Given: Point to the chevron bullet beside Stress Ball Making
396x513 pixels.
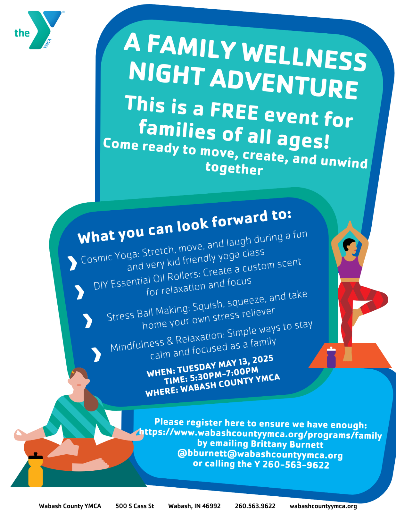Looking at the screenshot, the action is click(x=88, y=321).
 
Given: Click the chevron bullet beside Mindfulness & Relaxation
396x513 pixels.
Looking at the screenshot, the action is click(x=96, y=354).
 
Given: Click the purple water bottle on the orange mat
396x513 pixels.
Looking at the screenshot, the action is click(x=331, y=357).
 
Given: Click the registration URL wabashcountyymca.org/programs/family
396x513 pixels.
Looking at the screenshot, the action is click(x=260, y=434).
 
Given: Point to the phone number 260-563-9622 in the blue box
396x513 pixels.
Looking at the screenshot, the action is click(x=296, y=465).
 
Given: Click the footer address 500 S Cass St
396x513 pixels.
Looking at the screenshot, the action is click(x=135, y=506).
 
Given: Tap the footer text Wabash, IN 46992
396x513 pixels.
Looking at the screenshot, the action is click(x=194, y=506).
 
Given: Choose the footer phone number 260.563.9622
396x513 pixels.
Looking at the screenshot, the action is click(x=255, y=506).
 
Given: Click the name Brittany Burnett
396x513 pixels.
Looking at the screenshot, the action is click(x=287, y=444).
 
